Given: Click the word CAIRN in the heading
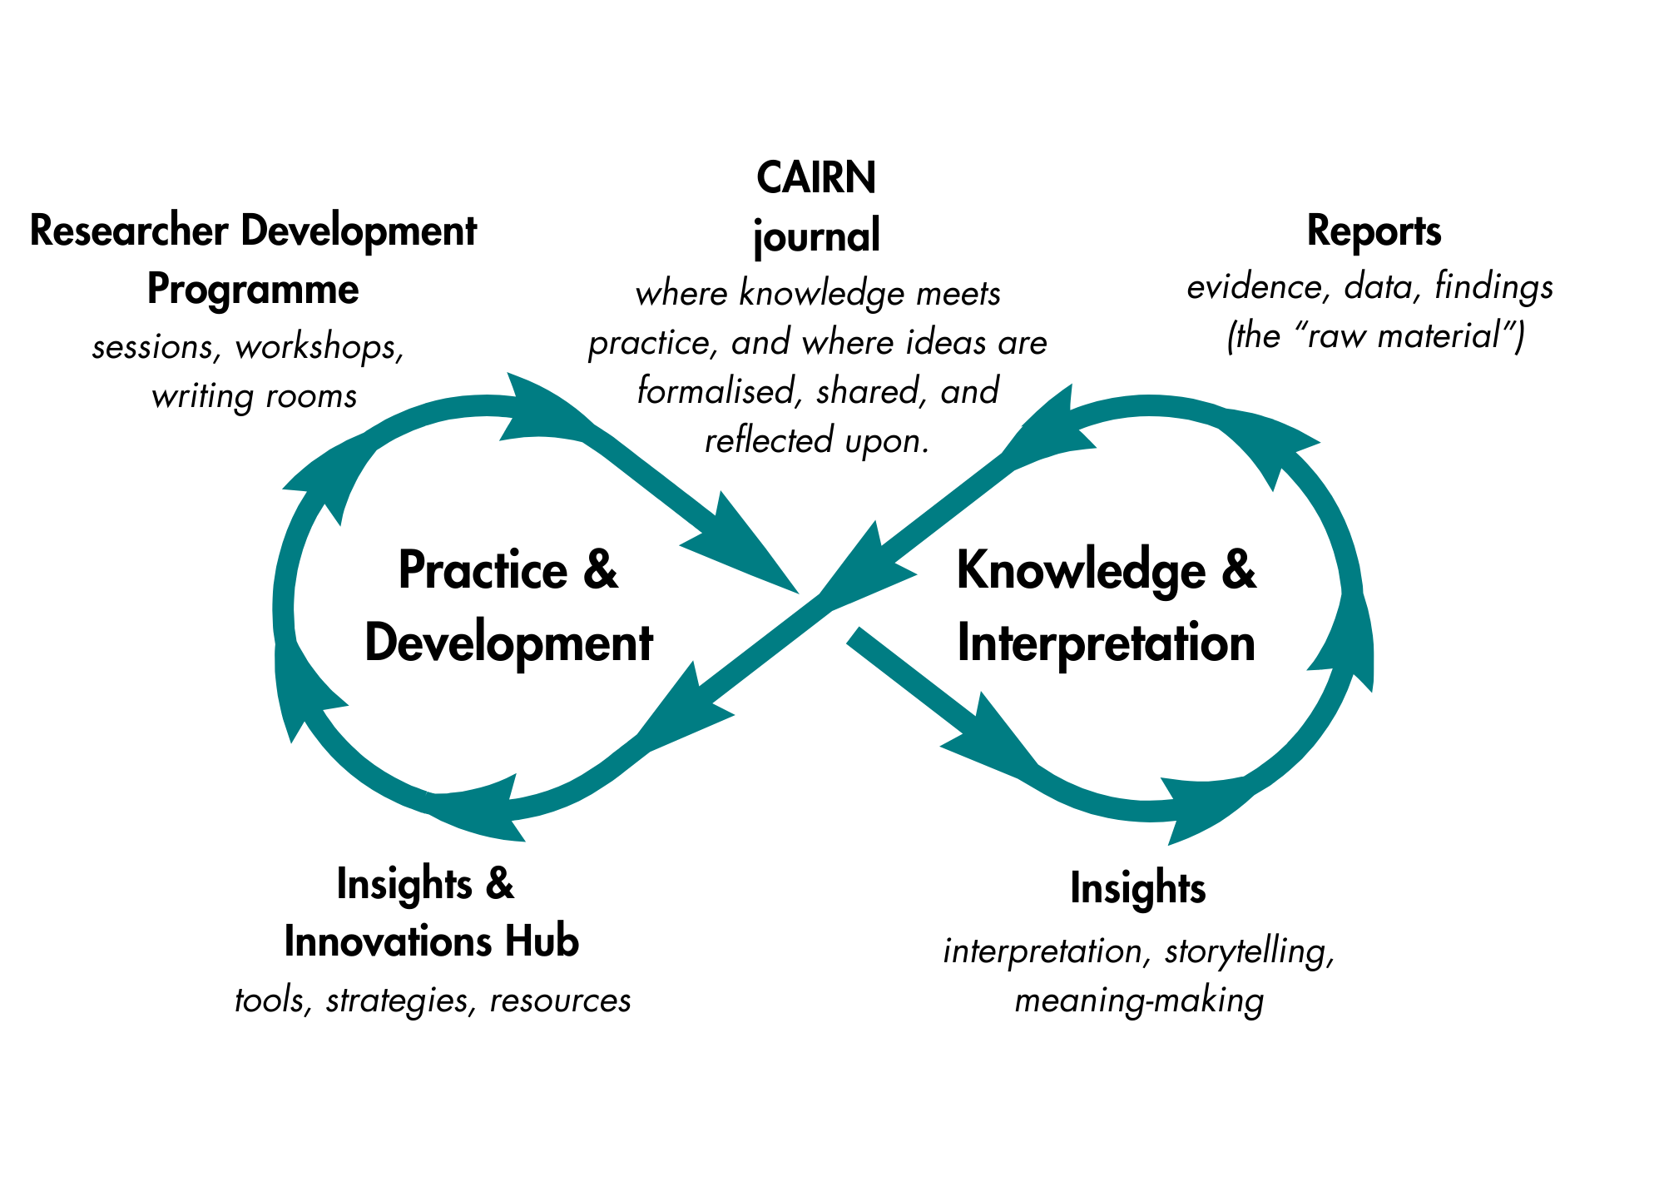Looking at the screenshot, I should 815,179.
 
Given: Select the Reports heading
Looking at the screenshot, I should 1374,231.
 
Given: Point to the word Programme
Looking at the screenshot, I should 253,290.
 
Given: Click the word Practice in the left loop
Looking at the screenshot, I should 483,571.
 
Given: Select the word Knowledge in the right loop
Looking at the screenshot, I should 1081,571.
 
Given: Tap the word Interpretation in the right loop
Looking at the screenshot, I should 1106,643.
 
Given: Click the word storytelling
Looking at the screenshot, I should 1248,951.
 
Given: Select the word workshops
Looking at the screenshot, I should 319,347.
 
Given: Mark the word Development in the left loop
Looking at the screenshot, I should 508,643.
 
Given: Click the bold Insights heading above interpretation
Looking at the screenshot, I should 1137,888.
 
